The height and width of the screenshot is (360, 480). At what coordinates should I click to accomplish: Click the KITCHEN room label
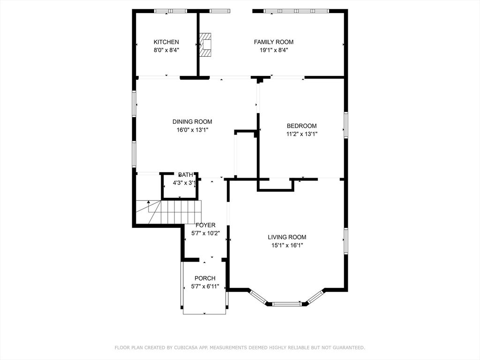[166, 42]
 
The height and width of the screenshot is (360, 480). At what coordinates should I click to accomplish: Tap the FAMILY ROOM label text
[274, 42]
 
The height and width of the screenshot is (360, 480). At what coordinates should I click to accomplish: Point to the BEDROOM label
[301, 126]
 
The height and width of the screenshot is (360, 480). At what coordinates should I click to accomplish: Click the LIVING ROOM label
[287, 237]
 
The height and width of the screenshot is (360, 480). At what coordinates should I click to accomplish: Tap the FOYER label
[205, 225]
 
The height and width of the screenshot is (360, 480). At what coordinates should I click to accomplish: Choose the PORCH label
[205, 278]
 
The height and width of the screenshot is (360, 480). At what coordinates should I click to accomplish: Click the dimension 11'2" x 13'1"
[301, 134]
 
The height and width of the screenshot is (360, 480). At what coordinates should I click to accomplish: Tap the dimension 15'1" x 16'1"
[287, 245]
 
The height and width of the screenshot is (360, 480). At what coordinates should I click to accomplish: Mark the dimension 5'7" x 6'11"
[205, 286]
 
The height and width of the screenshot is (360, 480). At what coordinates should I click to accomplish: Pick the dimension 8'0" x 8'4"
[166, 50]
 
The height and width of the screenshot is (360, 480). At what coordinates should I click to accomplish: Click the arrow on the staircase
[149, 203]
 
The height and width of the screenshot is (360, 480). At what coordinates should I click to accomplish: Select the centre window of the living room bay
[287, 304]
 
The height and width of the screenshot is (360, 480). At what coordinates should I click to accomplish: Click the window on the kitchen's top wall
[171, 11]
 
